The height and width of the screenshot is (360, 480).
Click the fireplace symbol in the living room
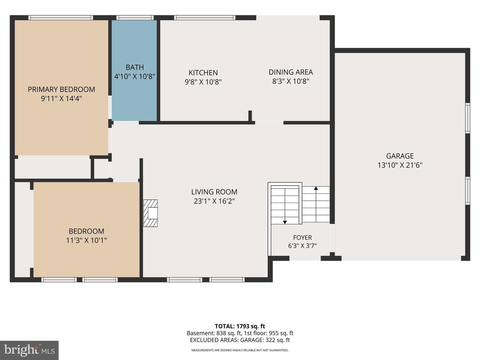pyautogui.click(x=150, y=213)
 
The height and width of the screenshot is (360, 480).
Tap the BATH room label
pyautogui.click(x=135, y=67)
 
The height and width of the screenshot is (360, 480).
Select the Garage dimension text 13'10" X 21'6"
pyautogui.click(x=400, y=165)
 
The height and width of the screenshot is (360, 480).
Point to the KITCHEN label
pyautogui.click(x=203, y=73)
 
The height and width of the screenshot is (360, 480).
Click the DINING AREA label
pyautogui.click(x=291, y=72)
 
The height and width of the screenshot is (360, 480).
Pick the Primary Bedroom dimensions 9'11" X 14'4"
pyautogui.click(x=61, y=99)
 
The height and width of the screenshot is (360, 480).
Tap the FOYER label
pyautogui.click(x=302, y=237)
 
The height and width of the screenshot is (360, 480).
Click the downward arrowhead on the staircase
pyautogui.click(x=285, y=222)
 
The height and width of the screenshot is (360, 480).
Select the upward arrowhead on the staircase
pyautogui.click(x=316, y=188)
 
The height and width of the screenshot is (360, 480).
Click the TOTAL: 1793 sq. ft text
pyautogui.click(x=240, y=326)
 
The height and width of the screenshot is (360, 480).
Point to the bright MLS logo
pyautogui.click(x=29, y=350)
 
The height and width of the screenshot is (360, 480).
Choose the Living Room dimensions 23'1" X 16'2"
pyautogui.click(x=214, y=201)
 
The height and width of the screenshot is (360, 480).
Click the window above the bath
pyautogui.click(x=135, y=18)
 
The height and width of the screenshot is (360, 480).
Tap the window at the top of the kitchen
pyautogui.click(x=205, y=18)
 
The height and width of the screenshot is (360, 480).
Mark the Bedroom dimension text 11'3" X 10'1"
pyautogui.click(x=86, y=240)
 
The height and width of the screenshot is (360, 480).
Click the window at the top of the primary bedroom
pyautogui.click(x=61, y=18)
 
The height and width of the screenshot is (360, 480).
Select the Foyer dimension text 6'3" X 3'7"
pyautogui.click(x=302, y=246)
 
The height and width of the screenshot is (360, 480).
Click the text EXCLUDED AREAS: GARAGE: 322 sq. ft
pyautogui.click(x=240, y=340)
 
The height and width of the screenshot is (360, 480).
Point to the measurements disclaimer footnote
pyautogui.click(x=240, y=350)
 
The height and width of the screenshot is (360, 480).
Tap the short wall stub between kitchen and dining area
pyautogui.click(x=250, y=116)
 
